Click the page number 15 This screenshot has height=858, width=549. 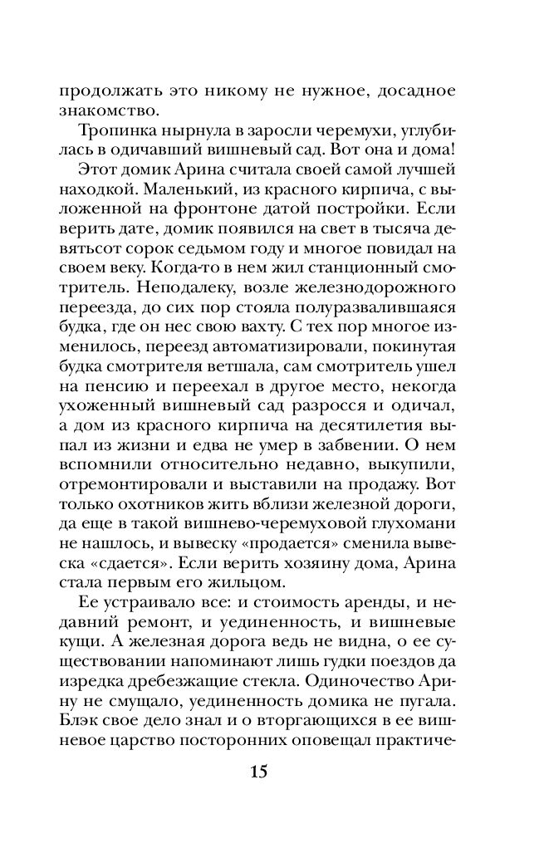(x=257, y=771)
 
